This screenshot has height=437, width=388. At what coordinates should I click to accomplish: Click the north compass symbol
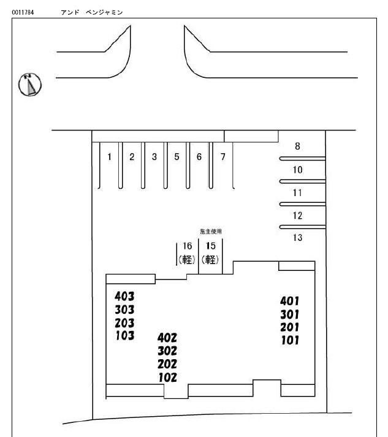(x=29, y=85)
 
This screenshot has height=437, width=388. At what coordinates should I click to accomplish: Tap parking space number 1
(x=109, y=157)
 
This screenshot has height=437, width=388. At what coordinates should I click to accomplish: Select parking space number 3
(x=154, y=157)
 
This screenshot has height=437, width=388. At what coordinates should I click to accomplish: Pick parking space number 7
(x=223, y=157)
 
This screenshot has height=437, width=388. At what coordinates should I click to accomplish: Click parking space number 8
(x=298, y=146)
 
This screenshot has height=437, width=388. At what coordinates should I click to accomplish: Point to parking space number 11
(x=298, y=192)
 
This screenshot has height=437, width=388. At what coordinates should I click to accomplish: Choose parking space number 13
(x=298, y=238)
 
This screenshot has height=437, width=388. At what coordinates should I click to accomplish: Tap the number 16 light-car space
(x=187, y=252)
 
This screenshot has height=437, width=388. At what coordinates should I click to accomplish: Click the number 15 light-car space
(x=210, y=252)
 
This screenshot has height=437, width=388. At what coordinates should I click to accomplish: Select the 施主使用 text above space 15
(x=210, y=231)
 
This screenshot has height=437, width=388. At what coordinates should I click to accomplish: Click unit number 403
(x=124, y=297)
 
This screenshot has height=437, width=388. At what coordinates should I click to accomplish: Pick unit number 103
(x=124, y=335)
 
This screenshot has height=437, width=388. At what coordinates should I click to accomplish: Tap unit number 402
(x=167, y=338)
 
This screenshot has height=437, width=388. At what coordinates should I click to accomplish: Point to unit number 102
(x=167, y=378)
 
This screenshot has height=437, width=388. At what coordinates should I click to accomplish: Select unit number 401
(x=289, y=301)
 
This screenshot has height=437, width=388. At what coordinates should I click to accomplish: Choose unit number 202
(x=167, y=365)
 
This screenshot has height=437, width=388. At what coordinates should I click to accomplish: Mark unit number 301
(x=289, y=314)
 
